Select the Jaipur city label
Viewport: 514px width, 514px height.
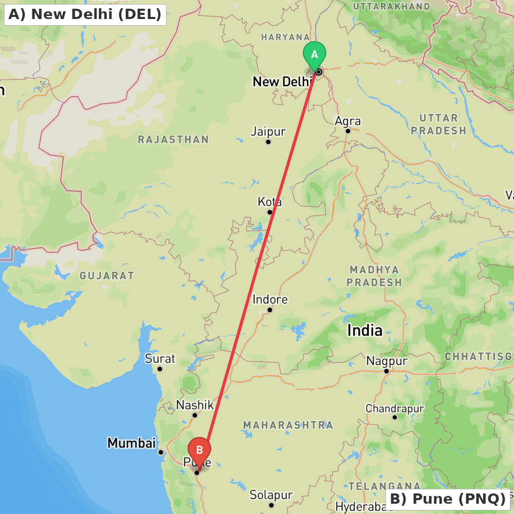[x=268, y=132]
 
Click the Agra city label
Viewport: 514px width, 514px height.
[x=348, y=121]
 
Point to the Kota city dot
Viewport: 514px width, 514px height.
[x=269, y=212]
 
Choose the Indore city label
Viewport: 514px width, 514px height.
[x=270, y=299]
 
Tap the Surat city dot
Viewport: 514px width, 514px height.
[x=160, y=369]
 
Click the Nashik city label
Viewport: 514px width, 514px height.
[x=195, y=405]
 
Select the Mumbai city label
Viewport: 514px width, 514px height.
[x=131, y=443]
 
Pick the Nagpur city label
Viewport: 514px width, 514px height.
[x=387, y=361]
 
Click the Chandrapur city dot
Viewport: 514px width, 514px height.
[x=395, y=417]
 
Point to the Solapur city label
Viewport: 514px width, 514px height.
[x=271, y=495]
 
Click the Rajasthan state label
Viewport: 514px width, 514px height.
[x=173, y=139]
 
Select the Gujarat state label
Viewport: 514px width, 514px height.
[x=107, y=276]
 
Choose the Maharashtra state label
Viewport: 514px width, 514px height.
[x=288, y=425]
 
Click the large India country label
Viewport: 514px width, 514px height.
[x=365, y=331]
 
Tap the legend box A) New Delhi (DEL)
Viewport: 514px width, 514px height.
[x=85, y=14]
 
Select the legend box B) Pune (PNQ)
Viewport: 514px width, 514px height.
[x=448, y=499]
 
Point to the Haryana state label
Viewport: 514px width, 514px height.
[x=285, y=37]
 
